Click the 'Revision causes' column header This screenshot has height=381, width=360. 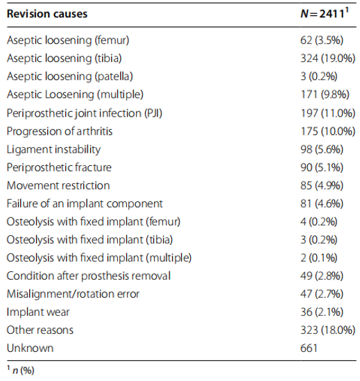(47, 14)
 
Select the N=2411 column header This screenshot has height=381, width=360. (325, 13)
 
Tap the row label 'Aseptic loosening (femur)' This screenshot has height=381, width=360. (68, 40)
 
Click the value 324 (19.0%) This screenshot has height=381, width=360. (327, 58)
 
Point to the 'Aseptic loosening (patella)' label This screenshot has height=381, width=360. (70, 76)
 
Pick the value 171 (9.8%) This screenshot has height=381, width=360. (325, 94)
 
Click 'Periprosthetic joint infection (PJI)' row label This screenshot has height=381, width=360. (85, 113)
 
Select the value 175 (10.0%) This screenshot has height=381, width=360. (327, 131)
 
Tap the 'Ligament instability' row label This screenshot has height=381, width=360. (53, 149)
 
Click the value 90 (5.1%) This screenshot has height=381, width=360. (322, 167)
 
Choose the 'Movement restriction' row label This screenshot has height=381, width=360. (58, 185)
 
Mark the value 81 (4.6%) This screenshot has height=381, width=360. (322, 203)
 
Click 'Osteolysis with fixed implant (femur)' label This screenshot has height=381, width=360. (94, 222)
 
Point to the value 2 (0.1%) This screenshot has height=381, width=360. (319, 257)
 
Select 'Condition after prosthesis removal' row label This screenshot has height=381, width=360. (89, 276)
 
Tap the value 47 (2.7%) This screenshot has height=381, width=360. (322, 294)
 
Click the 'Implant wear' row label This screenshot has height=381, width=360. (38, 312)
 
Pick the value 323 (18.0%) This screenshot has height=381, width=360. (327, 330)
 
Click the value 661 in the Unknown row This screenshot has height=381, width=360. (309, 348)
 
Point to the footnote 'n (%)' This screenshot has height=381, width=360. (24, 371)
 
